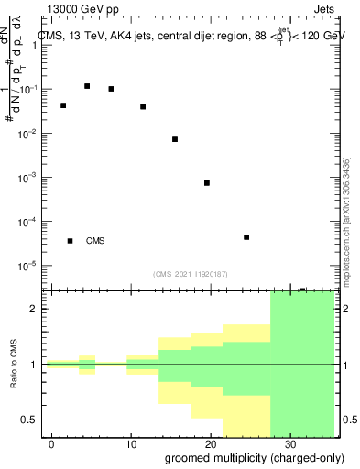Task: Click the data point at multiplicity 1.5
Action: pos(63,105)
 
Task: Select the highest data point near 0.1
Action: pos(87,86)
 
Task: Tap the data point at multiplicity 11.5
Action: pos(143,106)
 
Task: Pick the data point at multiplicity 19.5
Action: pos(207,183)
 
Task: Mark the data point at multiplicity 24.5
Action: pos(247,237)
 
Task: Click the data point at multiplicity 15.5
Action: pos(175,139)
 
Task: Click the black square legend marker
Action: pos(71,241)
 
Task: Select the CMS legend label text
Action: pos(95,241)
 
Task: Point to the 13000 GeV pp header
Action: pos(77,9)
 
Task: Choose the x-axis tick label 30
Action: pos(289,443)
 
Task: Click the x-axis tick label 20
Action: pos(211,443)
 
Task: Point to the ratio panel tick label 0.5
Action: pos(32,420)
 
